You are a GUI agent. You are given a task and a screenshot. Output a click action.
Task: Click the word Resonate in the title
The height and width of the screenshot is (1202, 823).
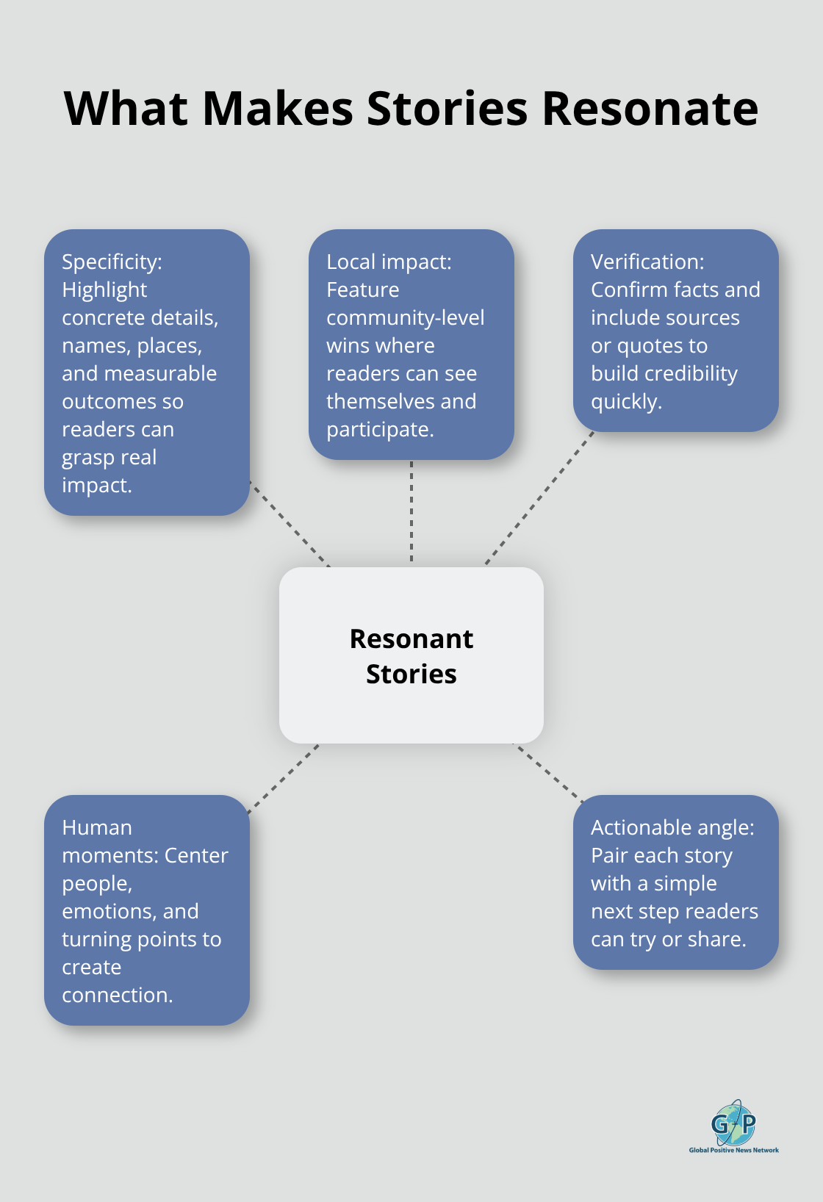click(x=650, y=109)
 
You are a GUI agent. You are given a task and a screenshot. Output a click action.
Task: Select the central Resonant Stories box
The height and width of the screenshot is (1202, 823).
click(x=412, y=655)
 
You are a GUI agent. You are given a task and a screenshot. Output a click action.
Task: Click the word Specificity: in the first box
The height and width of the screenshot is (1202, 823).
click(x=112, y=262)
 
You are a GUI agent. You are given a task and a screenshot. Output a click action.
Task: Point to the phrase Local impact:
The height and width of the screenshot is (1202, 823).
click(x=389, y=262)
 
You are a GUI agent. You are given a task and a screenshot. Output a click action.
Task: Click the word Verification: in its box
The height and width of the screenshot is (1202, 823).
click(x=647, y=262)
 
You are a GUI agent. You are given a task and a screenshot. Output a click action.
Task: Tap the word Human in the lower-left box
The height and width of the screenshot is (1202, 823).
click(x=97, y=827)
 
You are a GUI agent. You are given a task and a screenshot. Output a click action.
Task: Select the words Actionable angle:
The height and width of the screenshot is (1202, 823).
click(x=672, y=827)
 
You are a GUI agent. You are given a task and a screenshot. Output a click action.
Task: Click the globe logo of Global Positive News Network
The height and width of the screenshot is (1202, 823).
click(x=733, y=1123)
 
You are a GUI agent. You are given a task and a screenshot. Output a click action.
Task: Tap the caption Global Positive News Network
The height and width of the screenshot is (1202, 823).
click(x=733, y=1150)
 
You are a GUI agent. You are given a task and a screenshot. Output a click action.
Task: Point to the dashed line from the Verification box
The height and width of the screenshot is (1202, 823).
click(x=539, y=498)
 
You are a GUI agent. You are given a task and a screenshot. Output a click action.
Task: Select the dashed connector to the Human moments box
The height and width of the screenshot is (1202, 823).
click(x=284, y=779)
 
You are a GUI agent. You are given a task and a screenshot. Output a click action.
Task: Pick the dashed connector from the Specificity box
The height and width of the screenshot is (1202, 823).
click(x=290, y=524)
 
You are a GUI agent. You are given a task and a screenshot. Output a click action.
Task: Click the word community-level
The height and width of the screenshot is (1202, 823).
click(x=405, y=317)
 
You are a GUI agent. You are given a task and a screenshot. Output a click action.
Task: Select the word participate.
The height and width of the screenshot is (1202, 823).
click(x=380, y=429)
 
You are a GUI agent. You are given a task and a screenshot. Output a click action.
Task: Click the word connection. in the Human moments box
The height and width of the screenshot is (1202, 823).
click(x=118, y=995)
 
